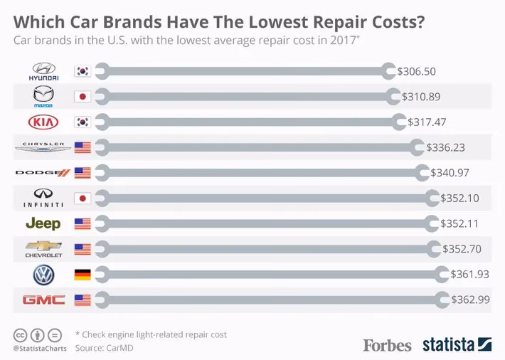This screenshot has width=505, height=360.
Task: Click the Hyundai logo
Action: [x=44, y=70]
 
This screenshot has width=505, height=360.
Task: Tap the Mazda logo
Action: [x=44, y=96]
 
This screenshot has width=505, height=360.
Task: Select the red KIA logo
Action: [x=44, y=122]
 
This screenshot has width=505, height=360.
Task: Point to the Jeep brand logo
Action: [x=44, y=223]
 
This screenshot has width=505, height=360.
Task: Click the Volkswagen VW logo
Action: [x=44, y=274]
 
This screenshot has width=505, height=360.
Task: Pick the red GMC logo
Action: [x=44, y=300]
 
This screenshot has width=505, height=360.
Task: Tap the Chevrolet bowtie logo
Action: [x=44, y=249]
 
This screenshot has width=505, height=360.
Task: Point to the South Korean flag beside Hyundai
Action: [x=83, y=71]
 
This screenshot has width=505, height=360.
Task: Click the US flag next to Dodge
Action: [x=83, y=173]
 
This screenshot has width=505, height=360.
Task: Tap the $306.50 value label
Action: [x=418, y=71]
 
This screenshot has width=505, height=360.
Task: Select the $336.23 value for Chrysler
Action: [x=446, y=147]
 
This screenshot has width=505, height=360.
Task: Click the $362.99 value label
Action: [x=470, y=300]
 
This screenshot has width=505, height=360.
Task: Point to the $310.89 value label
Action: [x=421, y=96]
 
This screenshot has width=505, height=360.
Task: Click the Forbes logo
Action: [x=387, y=345]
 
